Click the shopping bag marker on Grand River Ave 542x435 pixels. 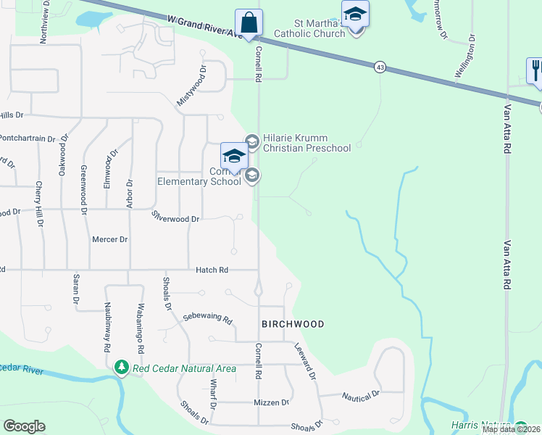[x=249, y=22]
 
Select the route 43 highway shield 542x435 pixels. [x=380, y=67]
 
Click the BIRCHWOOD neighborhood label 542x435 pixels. [x=293, y=324]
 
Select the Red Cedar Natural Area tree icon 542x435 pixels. [x=122, y=368]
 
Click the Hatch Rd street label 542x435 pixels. [x=212, y=270]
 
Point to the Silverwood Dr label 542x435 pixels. [x=175, y=217]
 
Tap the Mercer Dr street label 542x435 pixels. [x=109, y=239]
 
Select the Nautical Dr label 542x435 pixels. [x=361, y=396]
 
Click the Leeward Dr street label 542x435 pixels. [x=306, y=360]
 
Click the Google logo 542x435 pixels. [x=24, y=426]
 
